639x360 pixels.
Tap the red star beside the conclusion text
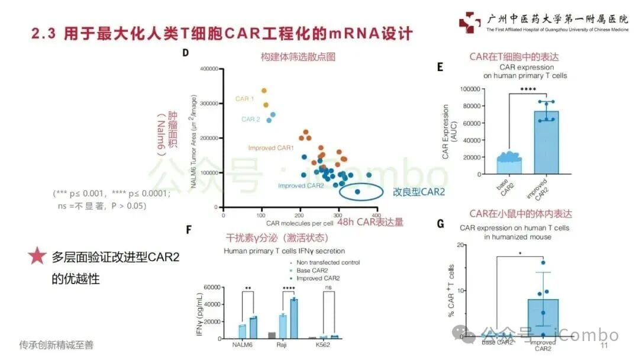click(37, 256)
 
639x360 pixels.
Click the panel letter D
click(185, 53)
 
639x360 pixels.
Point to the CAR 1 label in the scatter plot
click(245, 98)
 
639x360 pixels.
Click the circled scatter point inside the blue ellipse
click(357, 191)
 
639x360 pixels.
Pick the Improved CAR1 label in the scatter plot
click(271, 147)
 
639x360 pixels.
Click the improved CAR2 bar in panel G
click(543, 317)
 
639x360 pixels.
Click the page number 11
click(604, 345)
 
